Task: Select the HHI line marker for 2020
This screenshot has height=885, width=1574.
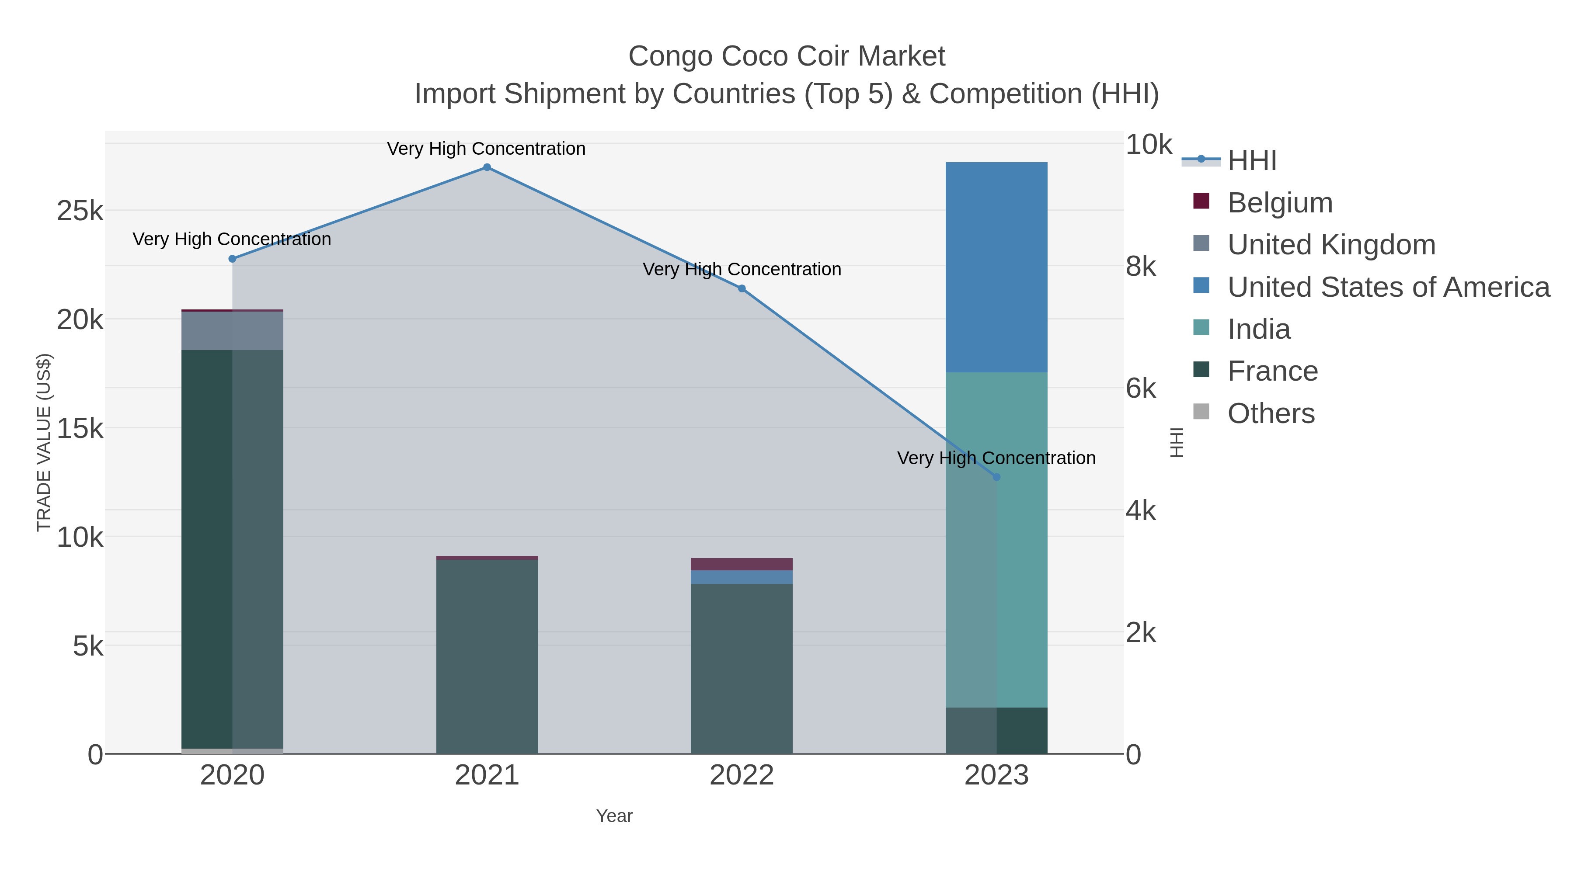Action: [232, 259]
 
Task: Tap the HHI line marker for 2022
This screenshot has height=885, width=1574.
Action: [742, 289]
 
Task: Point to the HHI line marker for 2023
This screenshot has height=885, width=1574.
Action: [996, 477]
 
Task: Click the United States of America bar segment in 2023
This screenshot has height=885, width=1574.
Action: [996, 267]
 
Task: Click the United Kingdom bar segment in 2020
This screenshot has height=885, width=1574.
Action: [232, 330]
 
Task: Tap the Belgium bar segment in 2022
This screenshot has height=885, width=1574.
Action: [742, 564]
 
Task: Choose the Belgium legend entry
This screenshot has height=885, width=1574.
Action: [1279, 202]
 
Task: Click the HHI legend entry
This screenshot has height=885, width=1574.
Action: [1251, 161]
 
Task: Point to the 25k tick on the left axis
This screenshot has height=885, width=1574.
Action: [80, 212]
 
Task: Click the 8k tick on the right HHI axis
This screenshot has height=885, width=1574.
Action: [1140, 266]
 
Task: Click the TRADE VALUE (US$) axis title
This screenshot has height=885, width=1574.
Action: [44, 442]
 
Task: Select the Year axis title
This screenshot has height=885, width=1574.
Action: [614, 816]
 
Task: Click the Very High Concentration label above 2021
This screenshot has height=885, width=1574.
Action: [486, 149]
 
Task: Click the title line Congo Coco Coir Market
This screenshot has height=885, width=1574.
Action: [787, 56]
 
